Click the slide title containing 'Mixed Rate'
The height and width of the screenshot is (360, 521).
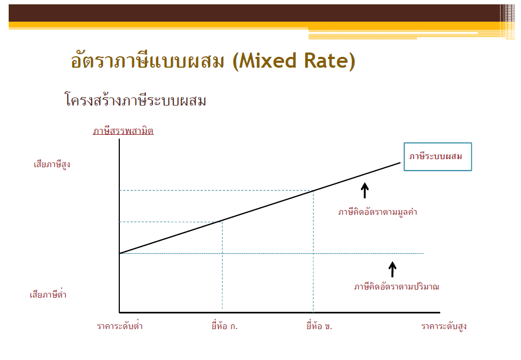[213, 61]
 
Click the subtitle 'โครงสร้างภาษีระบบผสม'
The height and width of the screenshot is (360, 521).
[135, 100]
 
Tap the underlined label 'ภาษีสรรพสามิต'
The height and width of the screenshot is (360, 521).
[123, 131]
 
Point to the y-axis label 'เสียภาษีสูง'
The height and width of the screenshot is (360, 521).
[52, 164]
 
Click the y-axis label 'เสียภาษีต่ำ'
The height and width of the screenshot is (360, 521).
[48, 294]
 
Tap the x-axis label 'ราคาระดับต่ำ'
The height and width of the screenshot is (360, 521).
[120, 325]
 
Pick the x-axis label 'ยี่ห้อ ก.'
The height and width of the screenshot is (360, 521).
[224, 325]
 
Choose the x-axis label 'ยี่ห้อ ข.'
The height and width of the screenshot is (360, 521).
[319, 325]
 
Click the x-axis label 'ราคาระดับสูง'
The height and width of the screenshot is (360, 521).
[444, 326]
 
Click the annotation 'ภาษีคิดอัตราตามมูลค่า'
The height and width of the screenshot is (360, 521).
[377, 212]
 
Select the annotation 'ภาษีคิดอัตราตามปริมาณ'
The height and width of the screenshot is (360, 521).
[396, 286]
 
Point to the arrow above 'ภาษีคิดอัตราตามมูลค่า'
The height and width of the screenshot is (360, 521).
[365, 191]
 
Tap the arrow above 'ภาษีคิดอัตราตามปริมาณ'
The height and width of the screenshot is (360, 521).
[393, 270]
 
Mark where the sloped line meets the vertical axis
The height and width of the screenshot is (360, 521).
[120, 253]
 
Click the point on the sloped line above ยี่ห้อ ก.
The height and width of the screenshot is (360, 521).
[222, 220]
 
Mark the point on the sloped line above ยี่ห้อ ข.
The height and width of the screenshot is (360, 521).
[313, 191]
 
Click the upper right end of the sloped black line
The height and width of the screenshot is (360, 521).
[401, 162]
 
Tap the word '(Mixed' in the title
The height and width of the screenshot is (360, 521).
[264, 61]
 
